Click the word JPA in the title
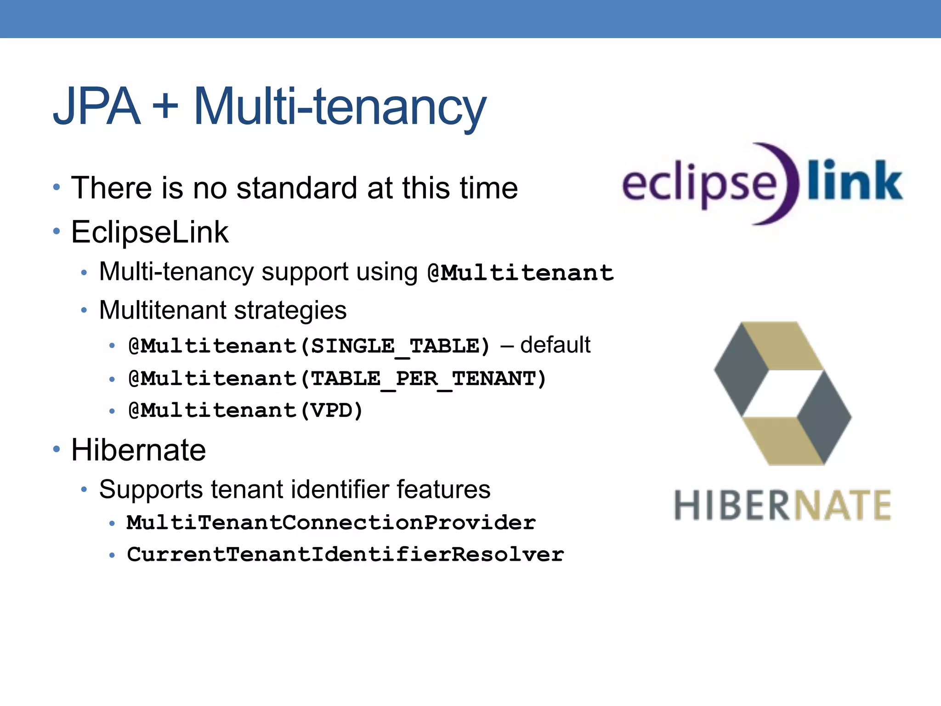[x=96, y=107]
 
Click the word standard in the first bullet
[x=296, y=188]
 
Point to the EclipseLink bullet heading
[x=149, y=232]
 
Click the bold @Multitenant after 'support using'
[x=520, y=273]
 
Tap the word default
[x=555, y=345]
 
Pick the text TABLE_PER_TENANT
[x=422, y=379]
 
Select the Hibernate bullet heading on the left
[x=138, y=450]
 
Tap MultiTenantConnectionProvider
[x=331, y=523]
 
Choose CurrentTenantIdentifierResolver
[x=345, y=554]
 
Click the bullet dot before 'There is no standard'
[x=57, y=187]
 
